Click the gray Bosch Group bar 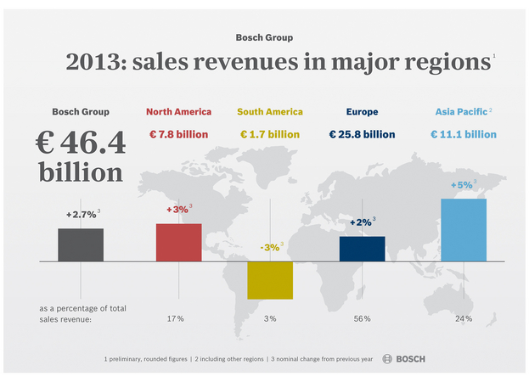tap(81, 244)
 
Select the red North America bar tap(178, 242)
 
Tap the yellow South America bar tap(270, 280)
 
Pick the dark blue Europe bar tap(362, 249)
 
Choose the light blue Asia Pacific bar tap(464, 229)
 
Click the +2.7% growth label tap(82, 215)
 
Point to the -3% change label tap(269, 248)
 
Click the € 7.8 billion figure tap(178, 134)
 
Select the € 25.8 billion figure tap(362, 134)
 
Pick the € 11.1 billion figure tap(464, 134)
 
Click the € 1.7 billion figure tap(270, 134)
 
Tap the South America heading tap(270, 111)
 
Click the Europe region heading tap(362, 111)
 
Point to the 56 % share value tap(362, 318)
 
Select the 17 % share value tap(176, 318)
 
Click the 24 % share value tap(464, 318)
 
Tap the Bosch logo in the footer tap(404, 359)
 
